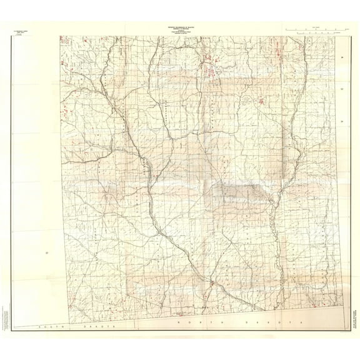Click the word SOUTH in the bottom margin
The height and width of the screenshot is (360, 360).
coord(47,327)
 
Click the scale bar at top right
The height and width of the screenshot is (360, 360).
coord(316,29)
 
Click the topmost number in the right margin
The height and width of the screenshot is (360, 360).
coord(342,58)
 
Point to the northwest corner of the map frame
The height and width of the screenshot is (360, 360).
coord(61,36)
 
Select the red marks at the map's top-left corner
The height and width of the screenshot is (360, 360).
coord(64,40)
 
